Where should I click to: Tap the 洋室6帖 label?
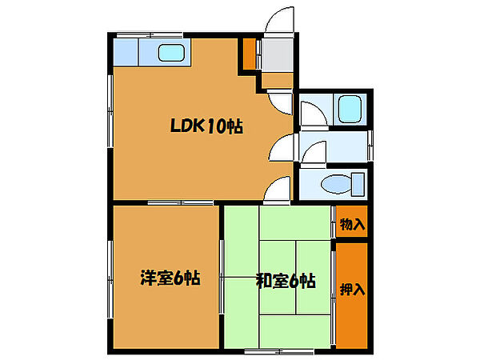(170, 278)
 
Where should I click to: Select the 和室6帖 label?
(285, 281)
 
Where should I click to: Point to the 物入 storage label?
(351, 223)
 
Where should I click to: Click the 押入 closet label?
(351, 288)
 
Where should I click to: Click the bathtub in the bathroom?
(350, 108)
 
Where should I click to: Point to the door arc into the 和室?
(277, 190)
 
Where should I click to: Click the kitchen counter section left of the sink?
(126, 54)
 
